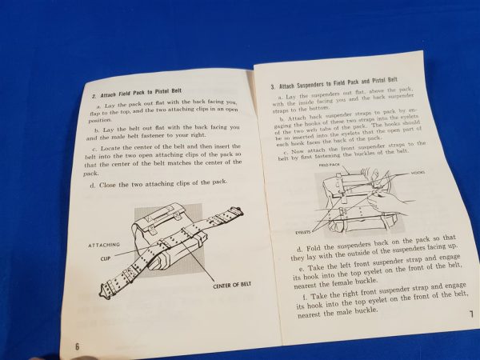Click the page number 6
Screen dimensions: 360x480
click(78, 345)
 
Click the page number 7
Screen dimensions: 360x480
click(472, 314)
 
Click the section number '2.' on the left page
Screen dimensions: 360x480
click(94, 95)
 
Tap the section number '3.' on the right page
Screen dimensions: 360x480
click(273, 84)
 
